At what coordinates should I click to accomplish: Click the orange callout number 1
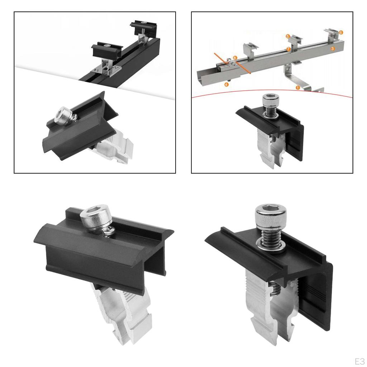tap(297, 87)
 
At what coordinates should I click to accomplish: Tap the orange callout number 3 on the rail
tap(333, 48)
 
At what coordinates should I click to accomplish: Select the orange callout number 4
tap(226, 84)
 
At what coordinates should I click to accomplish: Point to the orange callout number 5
tap(288, 36)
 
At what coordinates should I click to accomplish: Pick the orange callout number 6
tap(340, 32)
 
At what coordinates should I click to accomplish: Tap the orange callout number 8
tap(235, 58)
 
